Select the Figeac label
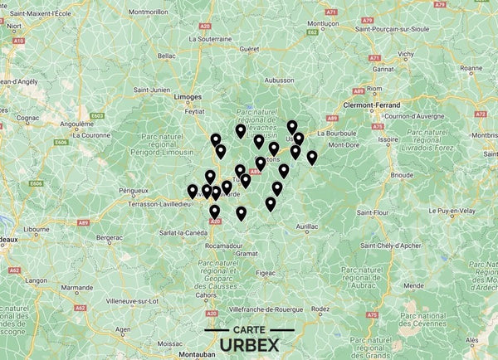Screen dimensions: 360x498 (266, 272)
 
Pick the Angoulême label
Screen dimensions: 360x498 (76, 124)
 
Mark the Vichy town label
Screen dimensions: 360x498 (405, 54)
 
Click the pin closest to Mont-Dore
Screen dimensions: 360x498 (312, 157)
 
